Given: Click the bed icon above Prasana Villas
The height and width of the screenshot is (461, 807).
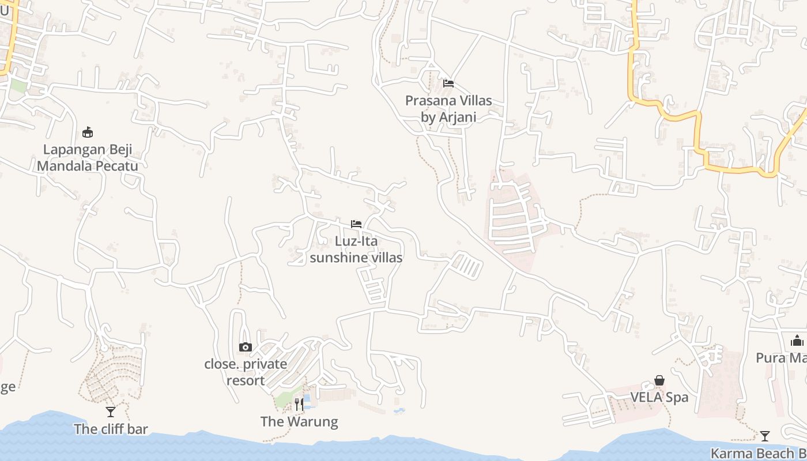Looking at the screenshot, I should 448,84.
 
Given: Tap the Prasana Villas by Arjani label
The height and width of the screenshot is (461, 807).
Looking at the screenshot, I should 448,109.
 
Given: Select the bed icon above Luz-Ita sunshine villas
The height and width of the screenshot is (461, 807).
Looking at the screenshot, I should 356,224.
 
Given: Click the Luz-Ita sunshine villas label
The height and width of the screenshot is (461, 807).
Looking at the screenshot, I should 356,249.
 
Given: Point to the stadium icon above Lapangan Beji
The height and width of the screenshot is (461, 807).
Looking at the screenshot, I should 88,133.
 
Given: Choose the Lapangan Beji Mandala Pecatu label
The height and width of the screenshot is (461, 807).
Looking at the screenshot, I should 88,158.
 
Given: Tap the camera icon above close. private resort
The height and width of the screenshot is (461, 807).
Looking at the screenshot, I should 246,347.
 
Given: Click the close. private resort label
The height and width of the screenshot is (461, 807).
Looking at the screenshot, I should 246,372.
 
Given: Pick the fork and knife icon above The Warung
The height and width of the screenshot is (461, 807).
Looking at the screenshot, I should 299,404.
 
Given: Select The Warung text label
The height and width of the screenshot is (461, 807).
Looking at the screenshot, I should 299,422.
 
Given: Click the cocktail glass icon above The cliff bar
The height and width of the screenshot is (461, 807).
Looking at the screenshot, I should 111,411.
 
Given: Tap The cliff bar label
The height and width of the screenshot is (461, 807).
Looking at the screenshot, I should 111,429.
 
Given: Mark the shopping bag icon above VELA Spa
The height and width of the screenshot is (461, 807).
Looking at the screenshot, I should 659,380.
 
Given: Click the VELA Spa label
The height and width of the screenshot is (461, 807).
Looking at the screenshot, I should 659,398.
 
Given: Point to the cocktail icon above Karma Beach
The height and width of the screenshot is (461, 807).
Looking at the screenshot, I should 765,436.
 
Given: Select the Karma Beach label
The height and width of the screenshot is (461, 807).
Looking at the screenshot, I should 759,454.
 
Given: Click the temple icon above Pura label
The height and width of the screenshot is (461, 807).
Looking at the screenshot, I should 797,341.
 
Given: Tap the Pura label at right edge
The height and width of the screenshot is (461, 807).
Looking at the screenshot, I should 782,358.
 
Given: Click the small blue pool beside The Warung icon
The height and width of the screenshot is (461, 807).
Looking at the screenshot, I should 307,399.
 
